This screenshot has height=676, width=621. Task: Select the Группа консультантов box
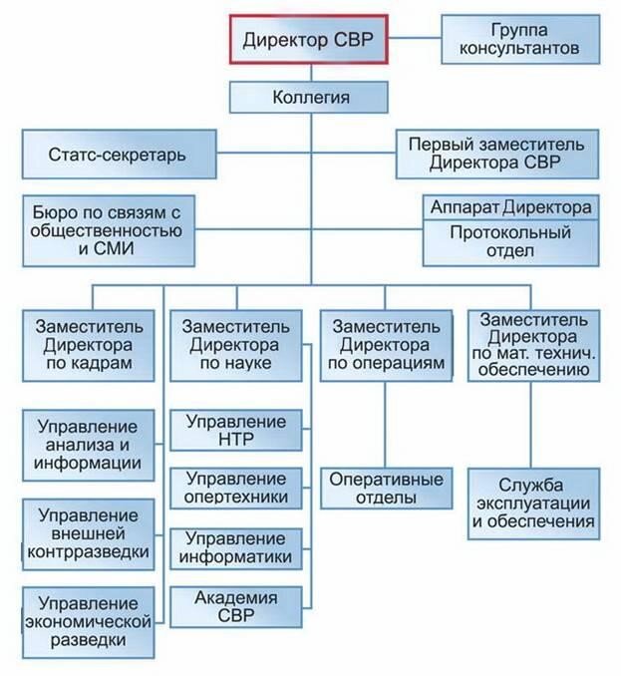[520, 39]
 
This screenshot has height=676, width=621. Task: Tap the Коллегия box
[309, 98]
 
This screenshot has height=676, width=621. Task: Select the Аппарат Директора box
[510, 208]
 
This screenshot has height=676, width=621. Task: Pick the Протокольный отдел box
[510, 242]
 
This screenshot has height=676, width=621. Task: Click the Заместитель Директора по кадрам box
[88, 345]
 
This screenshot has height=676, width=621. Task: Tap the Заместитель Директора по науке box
[235, 345]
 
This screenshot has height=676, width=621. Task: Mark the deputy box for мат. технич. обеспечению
[533, 345]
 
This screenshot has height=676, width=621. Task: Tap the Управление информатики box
[235, 545]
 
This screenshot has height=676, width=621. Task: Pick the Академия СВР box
[235, 604]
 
